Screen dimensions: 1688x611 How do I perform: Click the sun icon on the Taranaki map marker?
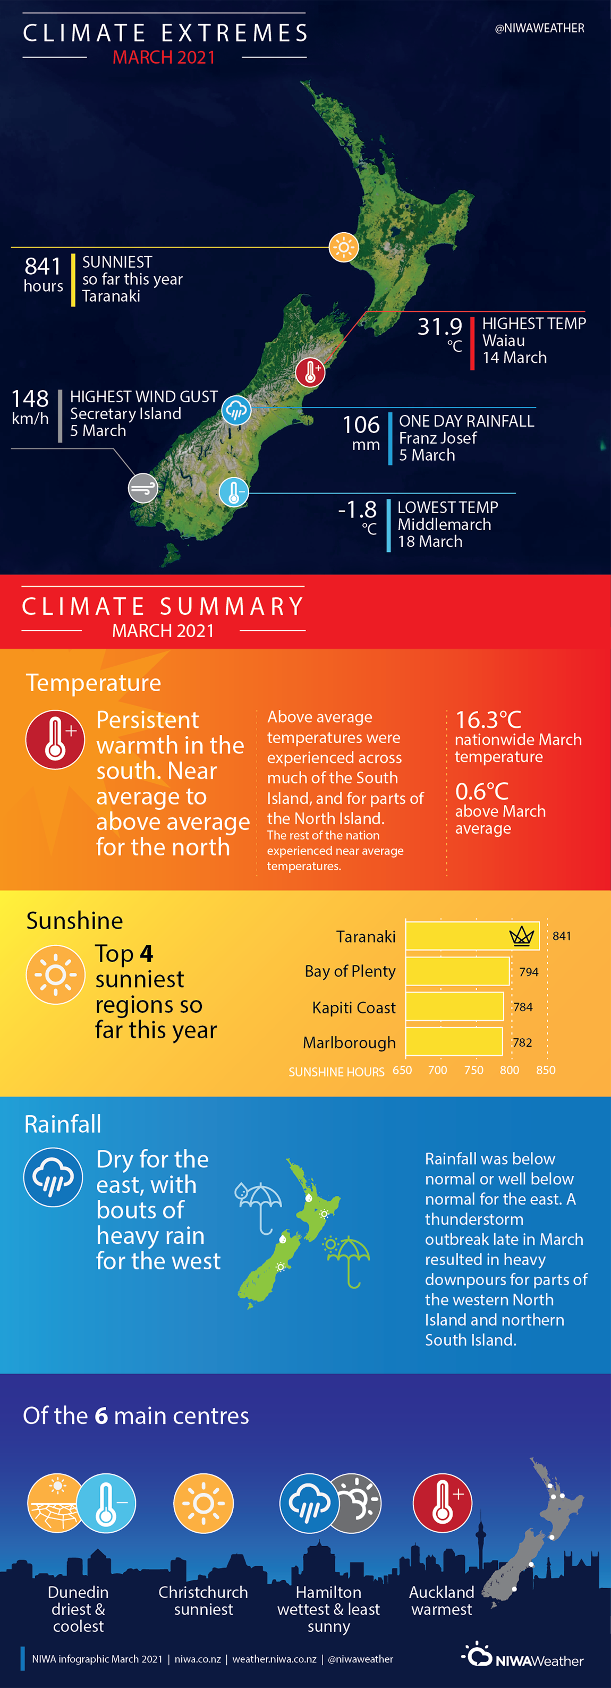[x=344, y=247]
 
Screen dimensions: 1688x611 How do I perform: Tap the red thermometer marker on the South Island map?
[x=310, y=372]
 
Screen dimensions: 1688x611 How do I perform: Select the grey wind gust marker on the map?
[x=143, y=488]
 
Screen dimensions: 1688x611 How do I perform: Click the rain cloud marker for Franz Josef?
[x=236, y=410]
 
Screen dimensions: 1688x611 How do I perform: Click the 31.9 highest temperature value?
[x=440, y=326]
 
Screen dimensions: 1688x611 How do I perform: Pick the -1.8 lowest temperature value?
[x=358, y=509]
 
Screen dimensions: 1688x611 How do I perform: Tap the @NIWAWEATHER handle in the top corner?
[x=540, y=28]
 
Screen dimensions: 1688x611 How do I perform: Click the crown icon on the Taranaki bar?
[x=522, y=936]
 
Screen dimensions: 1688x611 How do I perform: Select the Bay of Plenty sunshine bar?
[x=457, y=971]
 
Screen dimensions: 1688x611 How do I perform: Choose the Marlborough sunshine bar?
[x=454, y=1042]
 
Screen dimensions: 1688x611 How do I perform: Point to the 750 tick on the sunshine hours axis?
[x=473, y=1070]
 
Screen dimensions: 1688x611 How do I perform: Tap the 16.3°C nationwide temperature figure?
[x=488, y=719]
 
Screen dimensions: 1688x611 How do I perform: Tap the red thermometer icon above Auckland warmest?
[x=443, y=1503]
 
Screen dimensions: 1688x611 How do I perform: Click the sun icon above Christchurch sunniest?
[x=203, y=1503]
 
